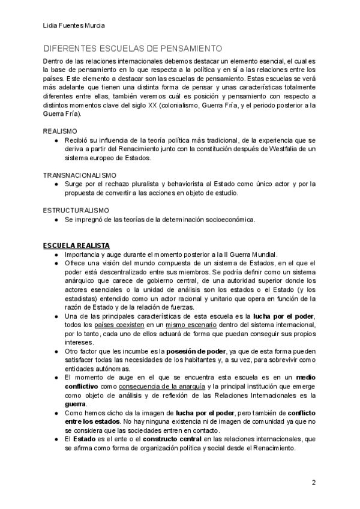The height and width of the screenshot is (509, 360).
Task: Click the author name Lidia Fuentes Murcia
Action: tap(73, 25)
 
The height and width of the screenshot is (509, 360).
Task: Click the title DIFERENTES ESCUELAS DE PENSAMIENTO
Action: tap(133, 49)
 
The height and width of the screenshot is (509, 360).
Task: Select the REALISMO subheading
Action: tap(60, 131)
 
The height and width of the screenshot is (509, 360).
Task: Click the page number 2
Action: tap(313, 483)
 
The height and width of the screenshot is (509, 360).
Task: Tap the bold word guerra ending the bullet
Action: tap(76, 404)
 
